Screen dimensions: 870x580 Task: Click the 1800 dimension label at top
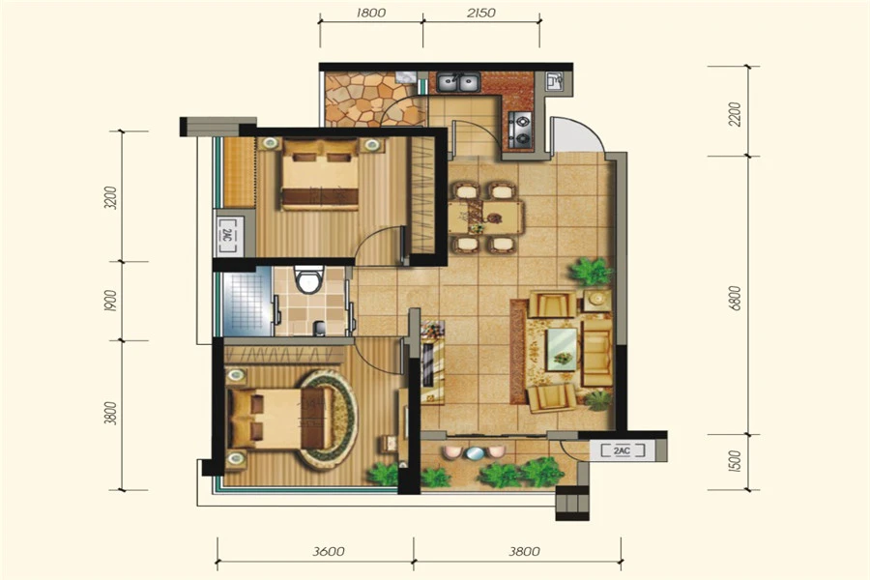(x=370, y=13)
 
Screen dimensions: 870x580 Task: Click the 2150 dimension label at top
(x=481, y=13)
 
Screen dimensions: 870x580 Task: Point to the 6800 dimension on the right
(x=735, y=298)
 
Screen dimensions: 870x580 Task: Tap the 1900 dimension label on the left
(x=111, y=301)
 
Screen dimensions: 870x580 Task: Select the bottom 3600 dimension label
(x=329, y=551)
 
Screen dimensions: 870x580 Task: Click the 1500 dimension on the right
(x=735, y=461)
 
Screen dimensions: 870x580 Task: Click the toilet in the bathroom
(x=308, y=279)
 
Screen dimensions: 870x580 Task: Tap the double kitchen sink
(x=458, y=83)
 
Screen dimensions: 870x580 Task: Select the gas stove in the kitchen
(x=520, y=130)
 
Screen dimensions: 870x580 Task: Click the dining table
(x=485, y=217)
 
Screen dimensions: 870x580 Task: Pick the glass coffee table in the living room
(x=562, y=349)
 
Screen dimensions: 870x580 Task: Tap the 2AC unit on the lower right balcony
(x=622, y=450)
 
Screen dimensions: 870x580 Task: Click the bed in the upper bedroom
(x=320, y=174)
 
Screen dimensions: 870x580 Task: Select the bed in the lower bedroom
(x=279, y=418)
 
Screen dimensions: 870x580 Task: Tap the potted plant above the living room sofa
(x=591, y=272)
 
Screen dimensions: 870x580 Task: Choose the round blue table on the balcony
(x=475, y=453)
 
